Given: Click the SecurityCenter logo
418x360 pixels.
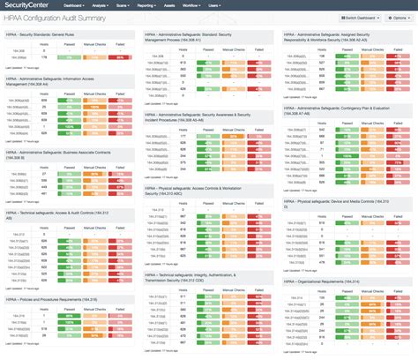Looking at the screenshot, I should click(27, 5).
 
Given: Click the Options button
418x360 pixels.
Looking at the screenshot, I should click(399, 18).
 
